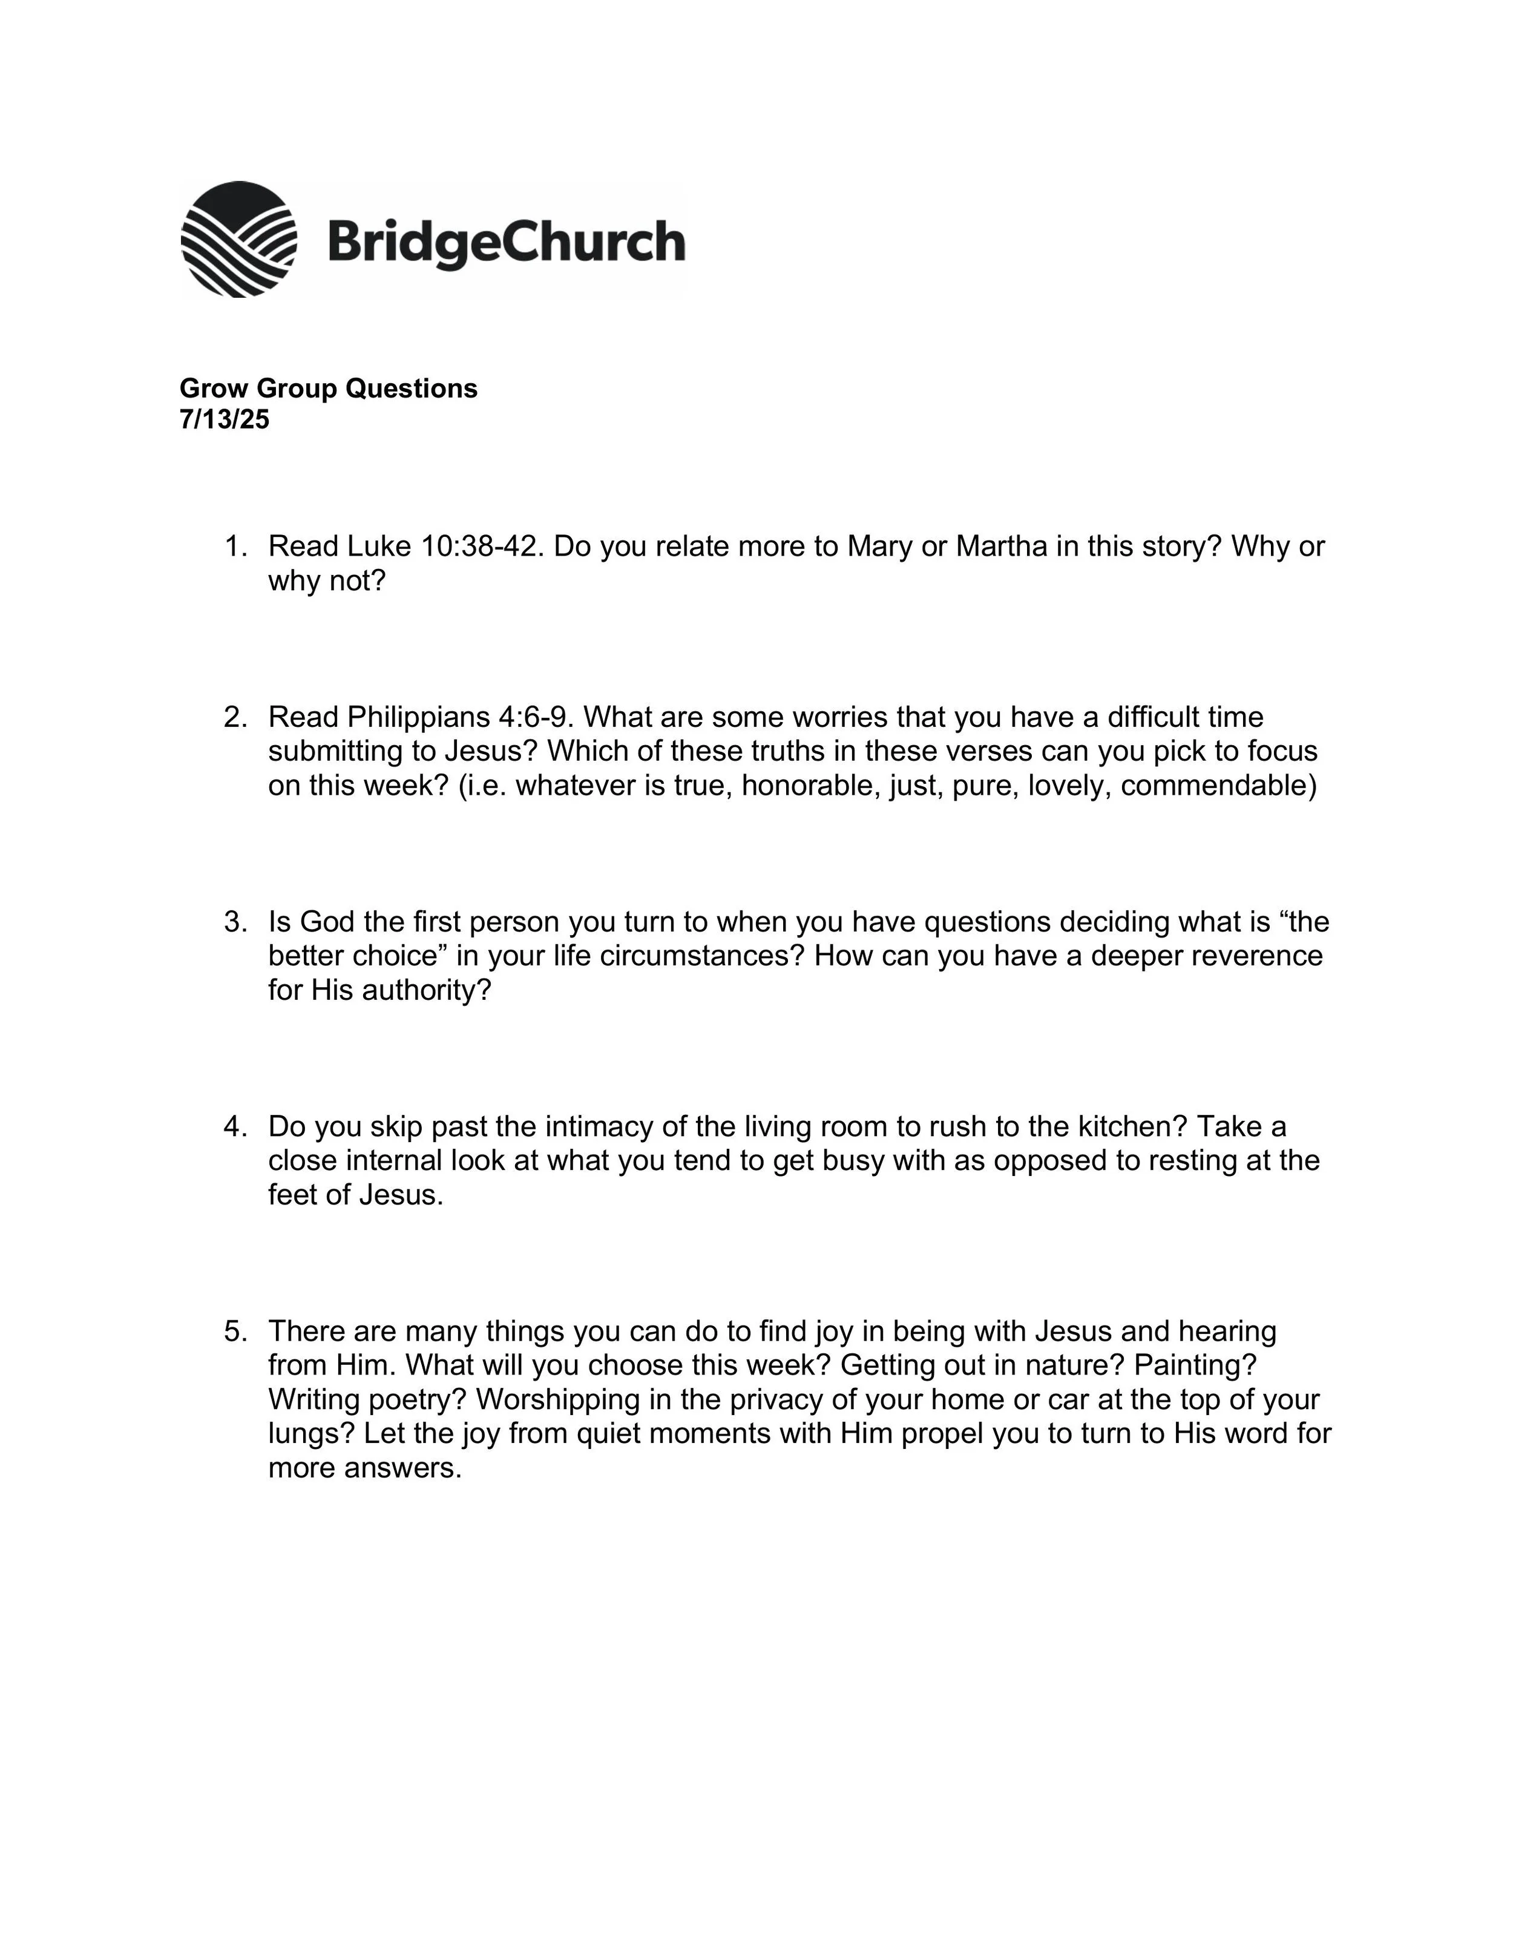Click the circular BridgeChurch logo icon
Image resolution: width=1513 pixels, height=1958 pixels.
click(238, 238)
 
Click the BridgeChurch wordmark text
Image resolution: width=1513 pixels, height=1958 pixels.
click(507, 242)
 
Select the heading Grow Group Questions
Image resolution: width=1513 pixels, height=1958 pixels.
click(328, 388)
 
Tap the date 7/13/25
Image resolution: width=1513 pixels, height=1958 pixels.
click(224, 419)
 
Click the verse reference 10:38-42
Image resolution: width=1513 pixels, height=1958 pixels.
click(481, 546)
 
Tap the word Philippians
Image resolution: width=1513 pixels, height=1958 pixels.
click(418, 717)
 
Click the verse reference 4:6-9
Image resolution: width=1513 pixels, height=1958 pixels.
click(535, 717)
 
